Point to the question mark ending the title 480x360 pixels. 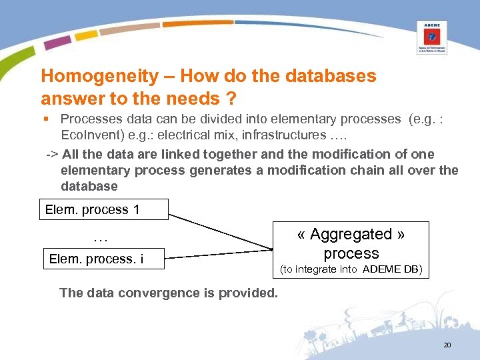(231, 99)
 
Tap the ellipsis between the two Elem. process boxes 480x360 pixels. (101, 237)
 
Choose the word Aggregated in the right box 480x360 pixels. (351, 235)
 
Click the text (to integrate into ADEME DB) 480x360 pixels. (351, 269)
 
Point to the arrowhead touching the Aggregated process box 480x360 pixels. (271, 249)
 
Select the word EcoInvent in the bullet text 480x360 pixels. (88, 135)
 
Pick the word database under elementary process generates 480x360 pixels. (89, 186)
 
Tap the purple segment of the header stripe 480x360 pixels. (58, 43)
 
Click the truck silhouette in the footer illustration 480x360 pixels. (386, 328)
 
